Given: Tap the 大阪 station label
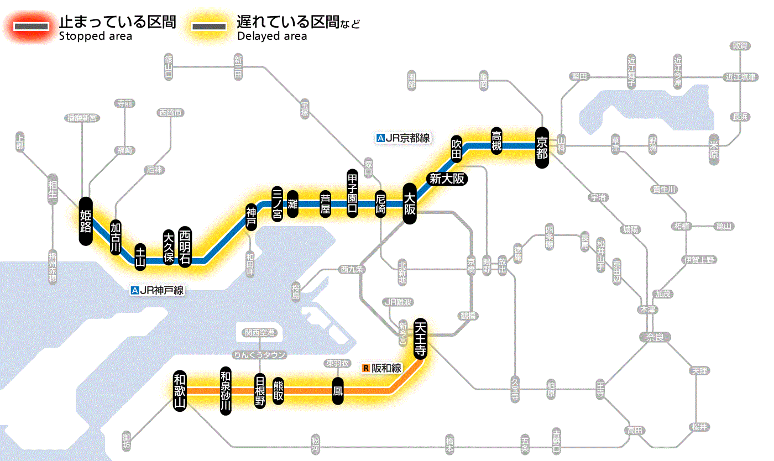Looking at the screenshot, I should coord(409,203).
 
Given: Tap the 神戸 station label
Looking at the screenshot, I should coord(252,217).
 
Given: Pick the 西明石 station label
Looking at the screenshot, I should coord(185,247).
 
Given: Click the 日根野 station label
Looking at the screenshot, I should coord(260,390).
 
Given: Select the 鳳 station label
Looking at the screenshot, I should coord(337,391).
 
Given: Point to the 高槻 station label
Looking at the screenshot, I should coord(496,141).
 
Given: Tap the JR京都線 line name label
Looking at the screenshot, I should coord(402,138).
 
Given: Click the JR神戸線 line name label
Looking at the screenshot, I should coord(158,290).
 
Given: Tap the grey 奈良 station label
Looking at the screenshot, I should coord(655,337).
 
